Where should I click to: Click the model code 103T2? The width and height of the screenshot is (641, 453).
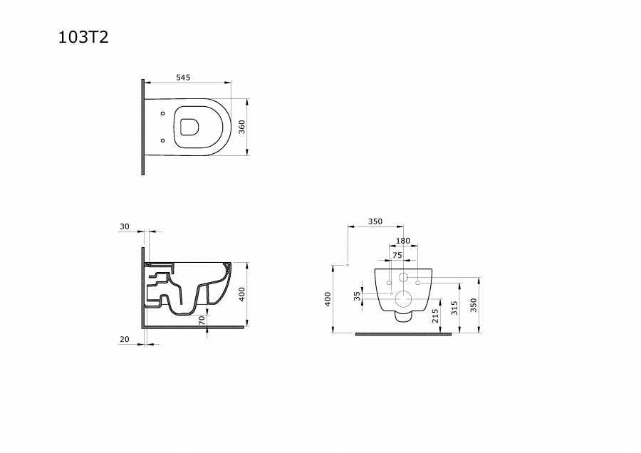[x=83, y=37]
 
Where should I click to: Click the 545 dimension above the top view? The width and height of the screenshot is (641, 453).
[x=183, y=77]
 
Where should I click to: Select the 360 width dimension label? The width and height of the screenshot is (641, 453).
[x=241, y=127]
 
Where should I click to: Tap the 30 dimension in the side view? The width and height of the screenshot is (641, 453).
[x=124, y=226]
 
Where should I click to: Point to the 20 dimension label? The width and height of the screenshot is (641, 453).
[x=124, y=339]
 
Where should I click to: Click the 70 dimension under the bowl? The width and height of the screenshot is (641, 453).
[x=202, y=321]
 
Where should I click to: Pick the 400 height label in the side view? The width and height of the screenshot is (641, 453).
[x=241, y=294]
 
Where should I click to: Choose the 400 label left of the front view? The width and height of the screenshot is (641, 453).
[x=328, y=299]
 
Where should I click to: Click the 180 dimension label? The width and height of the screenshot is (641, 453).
[x=403, y=241]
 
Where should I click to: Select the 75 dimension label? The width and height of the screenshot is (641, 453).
[x=397, y=255]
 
